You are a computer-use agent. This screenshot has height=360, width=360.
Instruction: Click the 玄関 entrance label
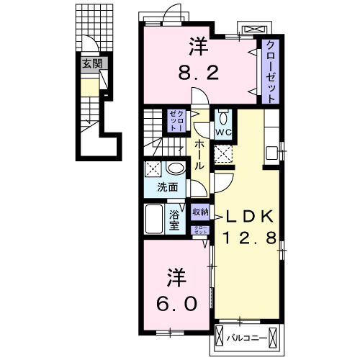coord(91,63)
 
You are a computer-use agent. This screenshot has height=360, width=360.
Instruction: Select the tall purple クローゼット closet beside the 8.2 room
coord(270,69)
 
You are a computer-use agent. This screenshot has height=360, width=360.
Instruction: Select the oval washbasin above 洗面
coord(175,169)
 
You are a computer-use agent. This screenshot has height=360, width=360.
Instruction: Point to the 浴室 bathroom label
coord(174,220)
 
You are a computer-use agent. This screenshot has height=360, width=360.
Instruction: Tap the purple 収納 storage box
coord(200,212)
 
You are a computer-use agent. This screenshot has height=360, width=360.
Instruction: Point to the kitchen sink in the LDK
coord(271,153)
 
